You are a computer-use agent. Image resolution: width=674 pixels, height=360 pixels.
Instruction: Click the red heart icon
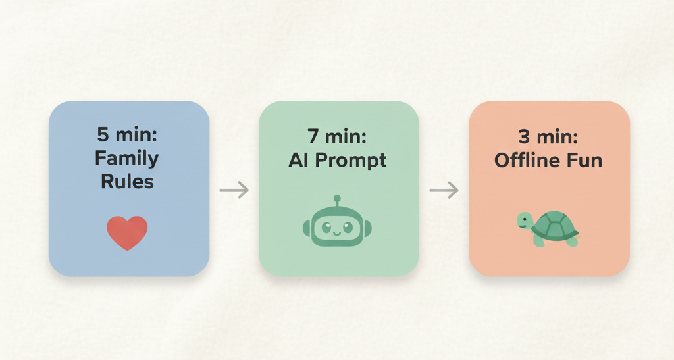(x=127, y=233)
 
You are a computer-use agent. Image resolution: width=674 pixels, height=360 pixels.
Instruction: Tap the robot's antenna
(x=338, y=199)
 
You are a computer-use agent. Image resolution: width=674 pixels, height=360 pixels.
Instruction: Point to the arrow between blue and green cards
(x=234, y=190)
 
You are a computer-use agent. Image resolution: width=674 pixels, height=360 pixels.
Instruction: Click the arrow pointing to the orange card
(x=444, y=190)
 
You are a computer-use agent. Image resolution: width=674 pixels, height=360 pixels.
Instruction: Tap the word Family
(x=127, y=159)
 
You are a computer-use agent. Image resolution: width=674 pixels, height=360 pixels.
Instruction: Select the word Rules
(x=127, y=182)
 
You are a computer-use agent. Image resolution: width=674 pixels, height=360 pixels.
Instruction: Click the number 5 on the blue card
(x=103, y=136)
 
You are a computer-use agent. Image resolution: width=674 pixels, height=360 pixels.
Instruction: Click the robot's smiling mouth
(x=338, y=232)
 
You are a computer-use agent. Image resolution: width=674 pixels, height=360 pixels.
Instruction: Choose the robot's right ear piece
(x=368, y=228)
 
